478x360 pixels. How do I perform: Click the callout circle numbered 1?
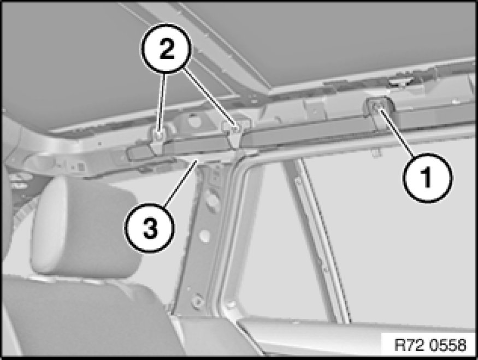click(x=427, y=178)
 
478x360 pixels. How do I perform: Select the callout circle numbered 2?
click(x=166, y=49)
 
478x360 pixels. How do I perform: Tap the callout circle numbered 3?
click(x=149, y=228)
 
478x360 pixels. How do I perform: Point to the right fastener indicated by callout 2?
click(x=235, y=129)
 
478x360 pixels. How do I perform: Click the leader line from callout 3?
click(x=180, y=184)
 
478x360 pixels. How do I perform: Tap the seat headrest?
click(x=85, y=227)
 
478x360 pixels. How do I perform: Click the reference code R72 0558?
click(x=430, y=345)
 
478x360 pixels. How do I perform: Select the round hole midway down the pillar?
click(x=204, y=235)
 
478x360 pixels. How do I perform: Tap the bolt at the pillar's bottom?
click(x=197, y=301)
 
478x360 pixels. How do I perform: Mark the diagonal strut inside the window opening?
click(x=317, y=241)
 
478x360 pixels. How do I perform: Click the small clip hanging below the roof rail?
click(x=377, y=152)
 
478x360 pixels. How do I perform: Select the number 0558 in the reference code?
click(x=448, y=345)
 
